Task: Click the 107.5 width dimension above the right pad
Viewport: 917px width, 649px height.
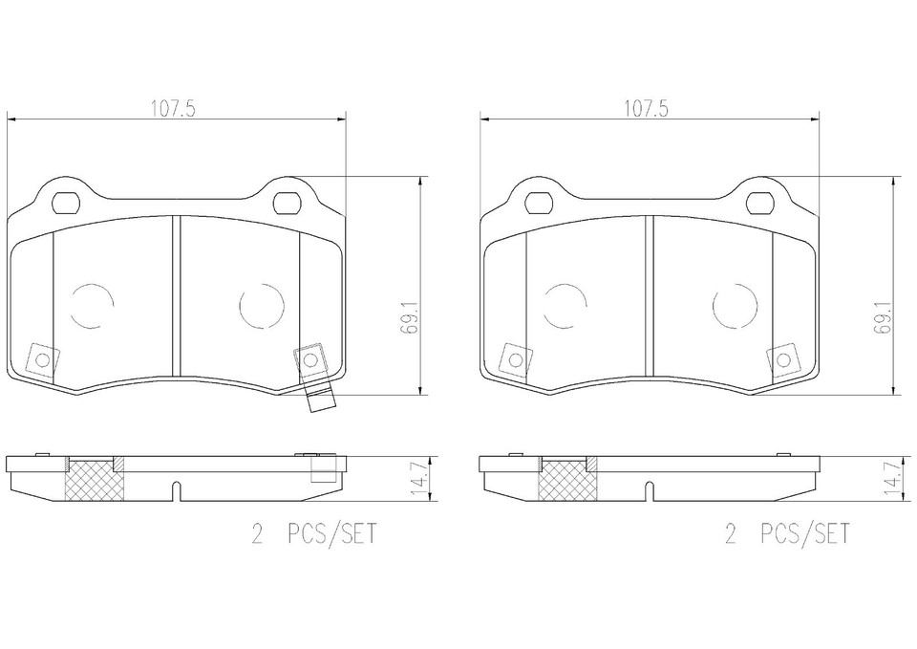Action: click(x=646, y=109)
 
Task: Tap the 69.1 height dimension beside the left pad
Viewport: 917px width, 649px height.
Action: click(x=410, y=317)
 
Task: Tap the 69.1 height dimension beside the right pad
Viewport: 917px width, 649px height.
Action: click(x=883, y=317)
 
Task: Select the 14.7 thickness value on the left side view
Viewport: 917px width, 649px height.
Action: click(x=418, y=478)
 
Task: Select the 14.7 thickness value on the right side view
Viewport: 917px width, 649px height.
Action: click(x=892, y=478)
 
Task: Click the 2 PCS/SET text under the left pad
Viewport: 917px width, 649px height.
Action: click(x=314, y=533)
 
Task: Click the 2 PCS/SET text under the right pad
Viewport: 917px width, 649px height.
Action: click(x=786, y=533)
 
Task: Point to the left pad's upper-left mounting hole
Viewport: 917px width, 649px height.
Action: click(x=66, y=203)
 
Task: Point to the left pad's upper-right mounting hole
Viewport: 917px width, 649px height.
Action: click(x=288, y=203)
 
